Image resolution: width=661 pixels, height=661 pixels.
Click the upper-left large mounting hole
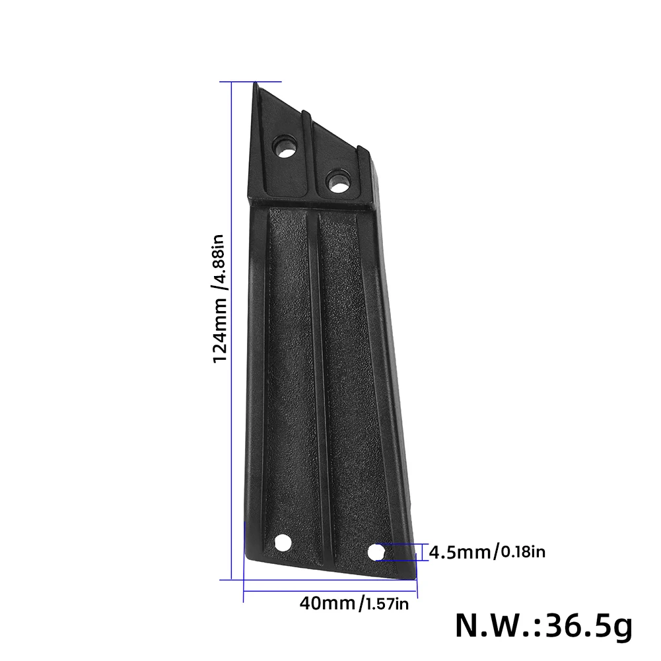coord(286,146)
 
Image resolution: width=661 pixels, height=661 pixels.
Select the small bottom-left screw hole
coord(283,543)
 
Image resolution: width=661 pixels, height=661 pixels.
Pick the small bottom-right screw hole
coord(376,552)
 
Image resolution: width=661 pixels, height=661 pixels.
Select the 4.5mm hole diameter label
coord(460,551)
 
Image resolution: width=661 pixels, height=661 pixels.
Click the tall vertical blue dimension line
coord(231,330)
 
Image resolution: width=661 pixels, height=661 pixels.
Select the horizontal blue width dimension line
coord(330,590)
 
